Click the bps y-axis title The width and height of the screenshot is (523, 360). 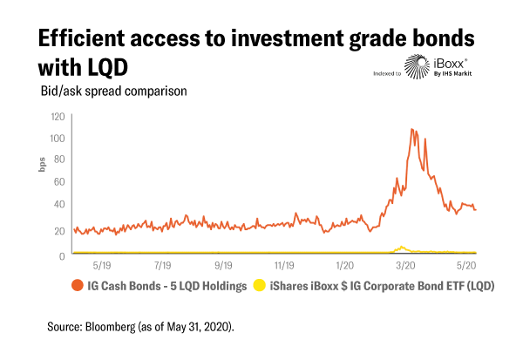pyautogui.click(x=41, y=165)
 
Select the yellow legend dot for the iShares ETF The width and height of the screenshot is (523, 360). pyautogui.click(x=258, y=285)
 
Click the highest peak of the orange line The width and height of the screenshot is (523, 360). pyautogui.click(x=412, y=129)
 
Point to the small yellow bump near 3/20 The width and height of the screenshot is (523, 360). pyautogui.click(x=401, y=247)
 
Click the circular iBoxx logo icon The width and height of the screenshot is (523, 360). pyautogui.click(x=415, y=66)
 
